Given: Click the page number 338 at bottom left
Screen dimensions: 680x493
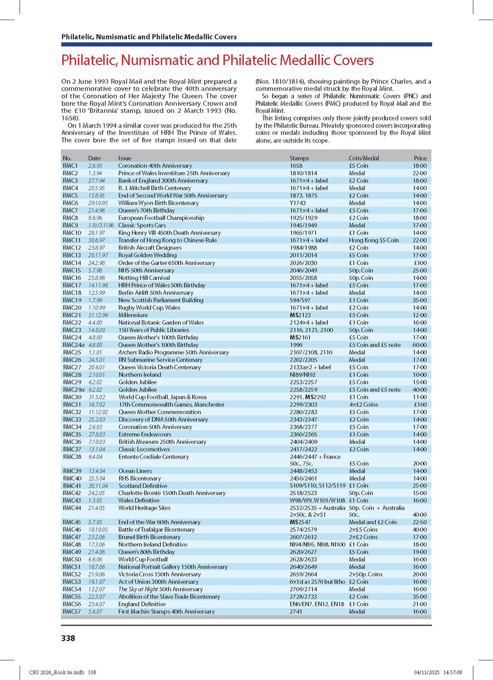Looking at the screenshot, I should point(68,638).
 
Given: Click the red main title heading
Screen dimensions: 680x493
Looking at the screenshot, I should point(217,60).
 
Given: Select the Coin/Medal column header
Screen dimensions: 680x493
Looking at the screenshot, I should point(363,158).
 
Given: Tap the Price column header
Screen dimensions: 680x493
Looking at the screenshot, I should point(420,158).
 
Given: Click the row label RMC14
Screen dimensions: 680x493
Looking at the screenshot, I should point(72,263).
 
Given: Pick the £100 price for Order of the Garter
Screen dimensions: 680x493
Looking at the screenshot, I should point(420,263).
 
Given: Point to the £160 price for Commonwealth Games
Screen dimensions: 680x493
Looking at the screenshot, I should point(420,405).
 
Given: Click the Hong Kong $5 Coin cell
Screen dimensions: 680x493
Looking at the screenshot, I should point(374,240).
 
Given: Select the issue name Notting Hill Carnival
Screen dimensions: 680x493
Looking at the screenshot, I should point(144,278).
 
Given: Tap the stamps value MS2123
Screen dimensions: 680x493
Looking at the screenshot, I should point(300,315).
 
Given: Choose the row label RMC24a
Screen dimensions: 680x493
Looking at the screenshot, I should point(73,345).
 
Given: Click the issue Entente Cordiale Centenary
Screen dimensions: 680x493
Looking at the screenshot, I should point(154,457).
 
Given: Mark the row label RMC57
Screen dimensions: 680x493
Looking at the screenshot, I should point(72,612).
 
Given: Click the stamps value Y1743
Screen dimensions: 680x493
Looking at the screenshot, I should point(298,203).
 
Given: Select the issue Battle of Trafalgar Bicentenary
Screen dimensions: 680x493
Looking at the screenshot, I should point(156,530).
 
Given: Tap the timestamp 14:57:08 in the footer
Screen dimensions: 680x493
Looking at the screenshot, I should point(450,672).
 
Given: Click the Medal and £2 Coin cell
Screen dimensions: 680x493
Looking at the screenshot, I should point(373,522).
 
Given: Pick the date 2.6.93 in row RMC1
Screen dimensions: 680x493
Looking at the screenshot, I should point(95,166).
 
